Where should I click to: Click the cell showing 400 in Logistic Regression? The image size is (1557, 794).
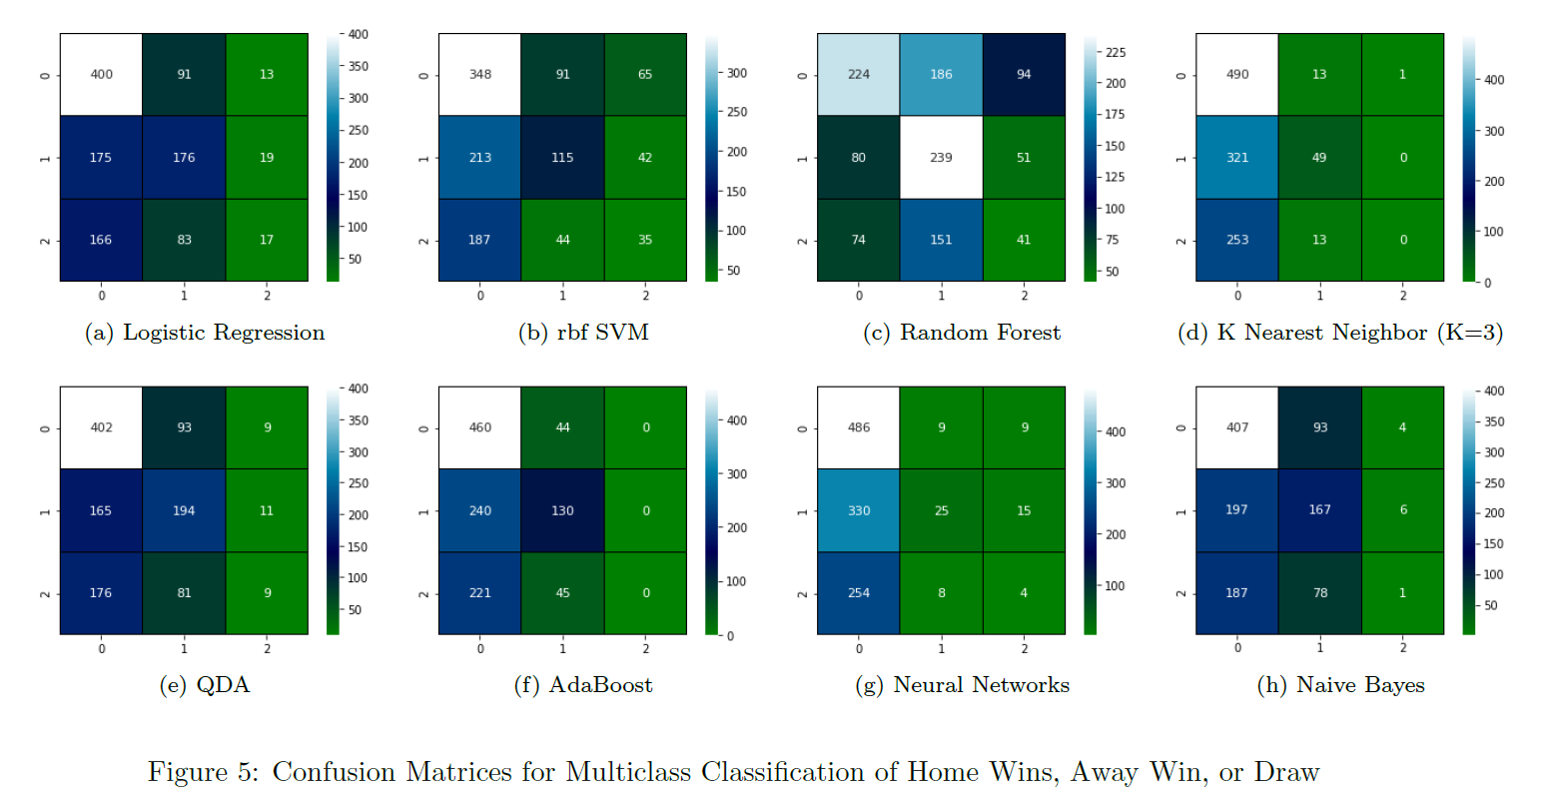[x=101, y=75]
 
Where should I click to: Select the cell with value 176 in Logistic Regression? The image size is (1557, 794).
[x=184, y=158]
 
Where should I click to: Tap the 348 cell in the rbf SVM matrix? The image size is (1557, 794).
[x=479, y=75]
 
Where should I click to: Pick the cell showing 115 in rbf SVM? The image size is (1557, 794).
[x=562, y=158]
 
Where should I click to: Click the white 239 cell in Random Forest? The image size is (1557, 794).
[x=941, y=158]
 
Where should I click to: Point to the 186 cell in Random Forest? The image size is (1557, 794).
[x=941, y=75]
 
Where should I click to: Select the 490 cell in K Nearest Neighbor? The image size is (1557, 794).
[x=1237, y=75]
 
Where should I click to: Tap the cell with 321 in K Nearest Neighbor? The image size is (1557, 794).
[x=1237, y=158]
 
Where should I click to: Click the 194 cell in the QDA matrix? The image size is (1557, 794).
[x=184, y=510]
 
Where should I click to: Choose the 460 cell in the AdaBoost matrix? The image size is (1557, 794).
[x=479, y=427]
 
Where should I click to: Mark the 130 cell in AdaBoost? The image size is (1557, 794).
[x=562, y=510]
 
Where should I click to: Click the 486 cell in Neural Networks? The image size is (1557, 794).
[x=859, y=427]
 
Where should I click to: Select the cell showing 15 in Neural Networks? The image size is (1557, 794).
[x=1024, y=510]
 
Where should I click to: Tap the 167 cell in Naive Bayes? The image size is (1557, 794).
[x=1319, y=510]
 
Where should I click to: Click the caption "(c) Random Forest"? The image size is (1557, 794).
[x=962, y=333]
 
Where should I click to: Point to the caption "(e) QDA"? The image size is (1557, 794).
[x=205, y=685]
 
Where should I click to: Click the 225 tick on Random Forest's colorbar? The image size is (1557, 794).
[x=1115, y=52]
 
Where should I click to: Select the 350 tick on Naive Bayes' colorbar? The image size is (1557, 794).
[x=1494, y=421]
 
